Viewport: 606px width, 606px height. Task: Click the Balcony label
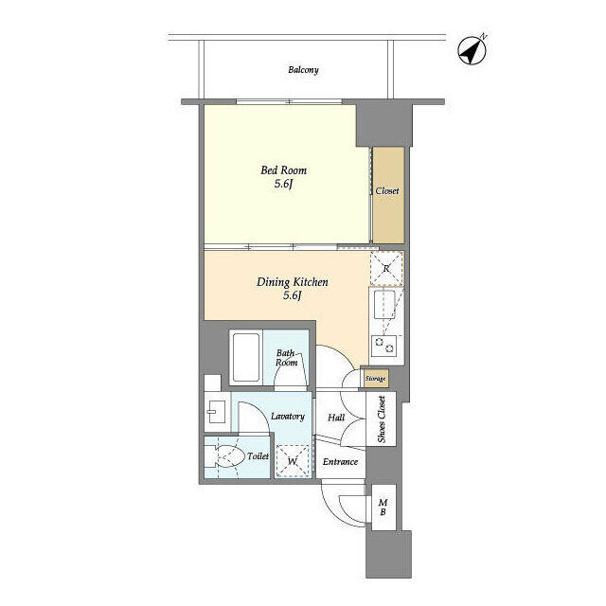coord(303,70)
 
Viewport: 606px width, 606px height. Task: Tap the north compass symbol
coord(472,50)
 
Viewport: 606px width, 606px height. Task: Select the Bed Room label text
coord(284,170)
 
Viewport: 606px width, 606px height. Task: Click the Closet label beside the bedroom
coord(387,191)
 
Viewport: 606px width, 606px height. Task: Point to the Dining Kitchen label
coord(293,282)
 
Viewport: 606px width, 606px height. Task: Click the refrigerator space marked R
coord(386,268)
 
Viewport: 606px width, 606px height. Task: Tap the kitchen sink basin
coord(384,305)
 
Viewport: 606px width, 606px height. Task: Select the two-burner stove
coord(384,346)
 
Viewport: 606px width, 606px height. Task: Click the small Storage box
coord(375,379)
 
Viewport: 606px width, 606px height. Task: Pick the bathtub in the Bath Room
coord(246,358)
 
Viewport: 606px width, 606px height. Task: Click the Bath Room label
coord(286,358)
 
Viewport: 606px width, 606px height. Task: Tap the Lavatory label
coord(288,417)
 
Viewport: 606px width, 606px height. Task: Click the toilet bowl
coord(227,457)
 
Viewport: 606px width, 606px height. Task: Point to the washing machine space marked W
coord(293,461)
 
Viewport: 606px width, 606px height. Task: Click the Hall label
coord(336,418)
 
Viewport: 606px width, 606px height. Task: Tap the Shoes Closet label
coord(382,419)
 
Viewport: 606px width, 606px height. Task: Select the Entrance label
coord(340,462)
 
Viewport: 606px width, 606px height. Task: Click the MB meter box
coord(383,508)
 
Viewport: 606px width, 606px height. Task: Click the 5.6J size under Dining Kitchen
coord(293,296)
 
